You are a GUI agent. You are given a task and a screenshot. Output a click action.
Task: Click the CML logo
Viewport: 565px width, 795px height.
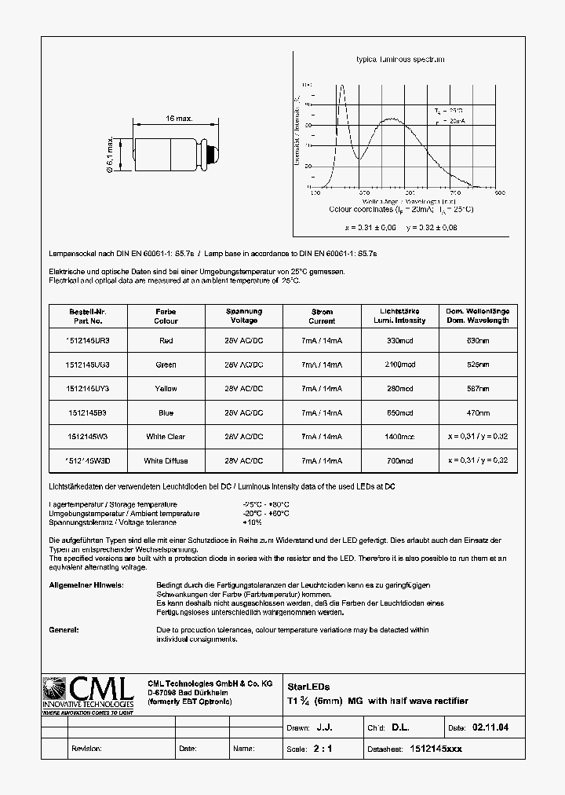pyautogui.click(x=87, y=694)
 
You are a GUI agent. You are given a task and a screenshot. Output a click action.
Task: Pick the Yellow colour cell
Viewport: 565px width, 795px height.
pyautogui.click(x=166, y=389)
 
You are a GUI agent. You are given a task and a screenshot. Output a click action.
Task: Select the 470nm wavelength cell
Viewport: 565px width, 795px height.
pyautogui.click(x=478, y=412)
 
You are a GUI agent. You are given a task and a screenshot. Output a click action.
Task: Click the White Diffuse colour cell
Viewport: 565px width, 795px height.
pyautogui.click(x=166, y=460)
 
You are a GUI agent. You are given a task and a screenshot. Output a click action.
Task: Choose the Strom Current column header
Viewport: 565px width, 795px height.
pyautogui.click(x=322, y=316)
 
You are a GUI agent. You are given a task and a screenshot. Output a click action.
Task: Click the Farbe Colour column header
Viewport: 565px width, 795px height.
pyautogui.click(x=166, y=316)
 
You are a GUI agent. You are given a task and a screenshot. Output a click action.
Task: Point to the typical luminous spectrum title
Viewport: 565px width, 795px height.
pyautogui.click(x=400, y=60)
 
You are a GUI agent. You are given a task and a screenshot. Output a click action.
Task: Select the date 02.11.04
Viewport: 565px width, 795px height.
pyautogui.click(x=490, y=727)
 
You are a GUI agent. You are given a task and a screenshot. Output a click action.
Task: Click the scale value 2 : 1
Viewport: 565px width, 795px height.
pyautogui.click(x=323, y=749)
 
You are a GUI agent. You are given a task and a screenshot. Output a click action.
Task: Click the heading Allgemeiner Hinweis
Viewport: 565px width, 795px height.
pyautogui.click(x=86, y=585)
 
